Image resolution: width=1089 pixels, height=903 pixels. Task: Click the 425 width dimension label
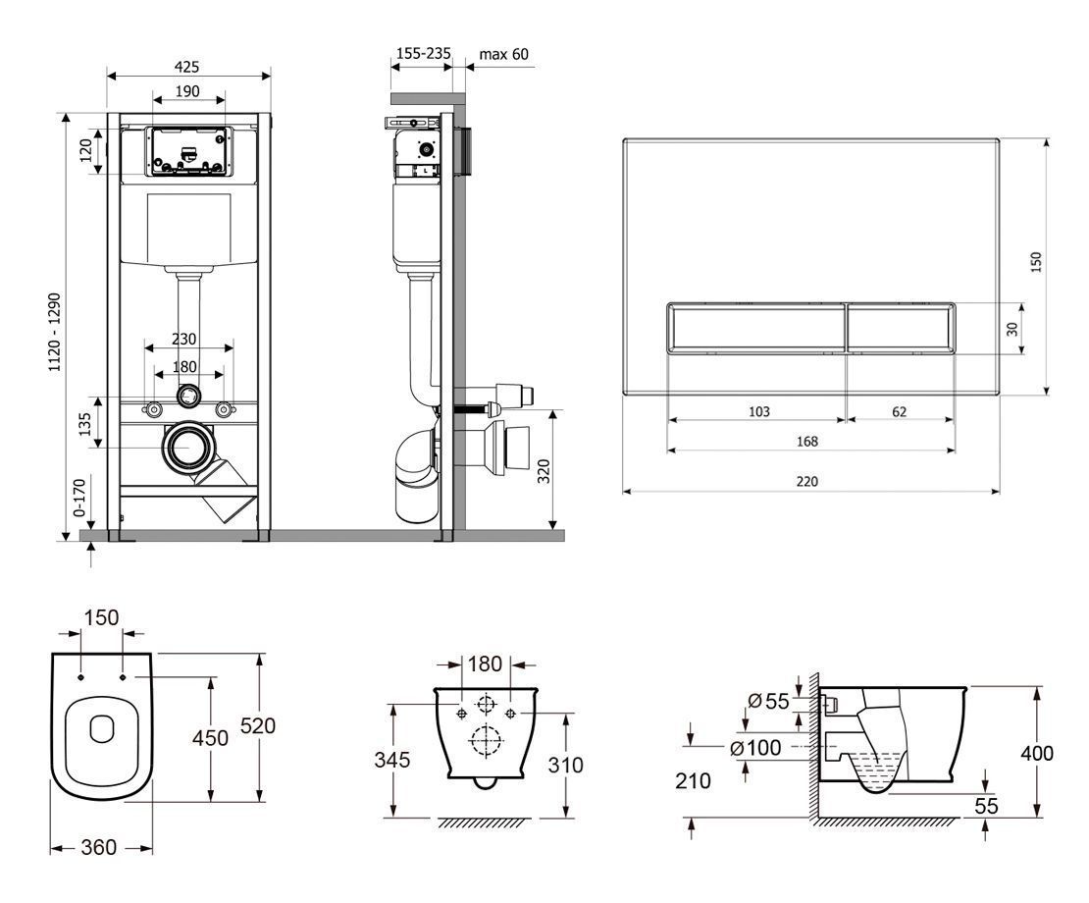tap(186, 67)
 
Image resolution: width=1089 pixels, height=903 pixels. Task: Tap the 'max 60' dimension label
tap(504, 53)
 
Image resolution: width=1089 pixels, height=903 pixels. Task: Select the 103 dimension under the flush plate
tap(758, 411)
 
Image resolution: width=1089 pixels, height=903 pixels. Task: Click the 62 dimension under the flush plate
tap(899, 411)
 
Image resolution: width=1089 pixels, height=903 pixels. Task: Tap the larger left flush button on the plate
tap(755, 327)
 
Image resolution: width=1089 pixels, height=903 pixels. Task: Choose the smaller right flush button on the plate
tap(900, 327)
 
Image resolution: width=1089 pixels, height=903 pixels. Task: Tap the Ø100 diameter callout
tap(755, 748)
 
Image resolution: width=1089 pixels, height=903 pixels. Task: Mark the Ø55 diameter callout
tap(768, 701)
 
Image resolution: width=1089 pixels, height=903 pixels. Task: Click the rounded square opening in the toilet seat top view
tap(101, 728)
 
